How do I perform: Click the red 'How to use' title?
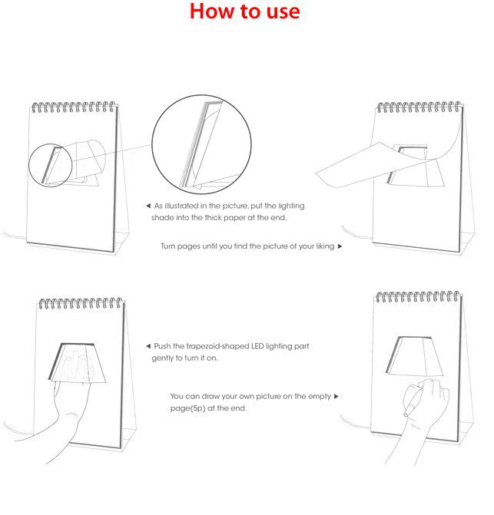(x=245, y=11)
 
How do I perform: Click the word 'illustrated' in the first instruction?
(x=181, y=206)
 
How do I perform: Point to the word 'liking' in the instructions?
(x=325, y=246)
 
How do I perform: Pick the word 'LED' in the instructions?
(x=257, y=346)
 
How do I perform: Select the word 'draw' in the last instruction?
(x=211, y=396)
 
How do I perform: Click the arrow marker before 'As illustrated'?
(x=148, y=206)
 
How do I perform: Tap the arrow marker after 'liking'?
(x=340, y=246)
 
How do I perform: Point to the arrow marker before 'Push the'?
(x=148, y=346)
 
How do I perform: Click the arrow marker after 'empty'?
(x=337, y=396)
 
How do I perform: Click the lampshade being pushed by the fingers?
(x=78, y=363)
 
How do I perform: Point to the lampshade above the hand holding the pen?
(x=415, y=356)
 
